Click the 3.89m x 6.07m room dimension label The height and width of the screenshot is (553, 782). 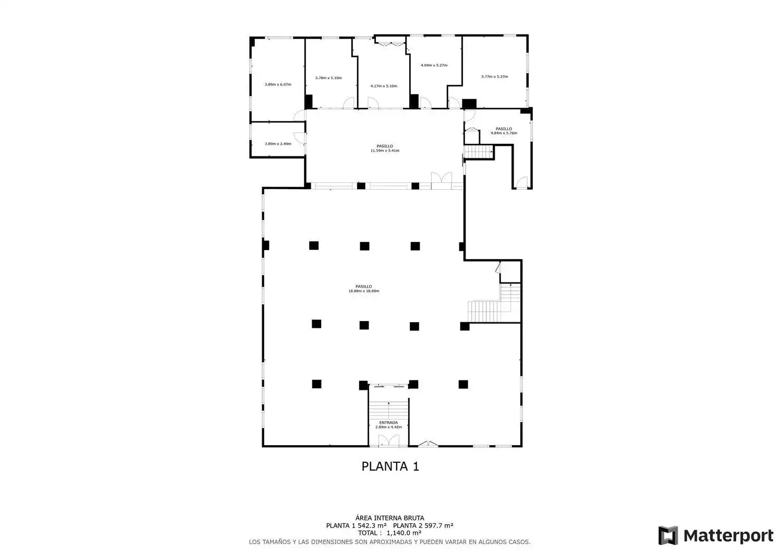278,84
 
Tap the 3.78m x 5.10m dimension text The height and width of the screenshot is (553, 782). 328,78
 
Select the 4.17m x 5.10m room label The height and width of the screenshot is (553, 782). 384,86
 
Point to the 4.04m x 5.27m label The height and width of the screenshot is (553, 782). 434,65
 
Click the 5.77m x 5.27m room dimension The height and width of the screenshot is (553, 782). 495,77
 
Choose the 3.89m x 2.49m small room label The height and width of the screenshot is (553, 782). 278,144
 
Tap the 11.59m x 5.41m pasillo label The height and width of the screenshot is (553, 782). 385,149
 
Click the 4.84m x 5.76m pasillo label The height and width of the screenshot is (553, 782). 504,131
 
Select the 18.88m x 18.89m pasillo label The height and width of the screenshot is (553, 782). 364,289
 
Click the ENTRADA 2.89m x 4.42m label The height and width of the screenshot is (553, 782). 388,425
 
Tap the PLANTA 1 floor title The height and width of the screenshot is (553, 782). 390,466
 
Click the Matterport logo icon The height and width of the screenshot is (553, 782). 668,535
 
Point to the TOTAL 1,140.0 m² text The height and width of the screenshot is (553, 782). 389,533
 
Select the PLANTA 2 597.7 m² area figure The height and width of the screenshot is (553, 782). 423,525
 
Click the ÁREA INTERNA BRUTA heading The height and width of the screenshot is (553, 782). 389,518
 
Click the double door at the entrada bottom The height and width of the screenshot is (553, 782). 388,440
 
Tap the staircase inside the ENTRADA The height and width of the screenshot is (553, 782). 388,410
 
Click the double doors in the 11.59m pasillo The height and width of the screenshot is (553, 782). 442,178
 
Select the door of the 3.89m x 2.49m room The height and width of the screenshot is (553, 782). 299,138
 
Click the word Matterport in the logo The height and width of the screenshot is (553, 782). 728,536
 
